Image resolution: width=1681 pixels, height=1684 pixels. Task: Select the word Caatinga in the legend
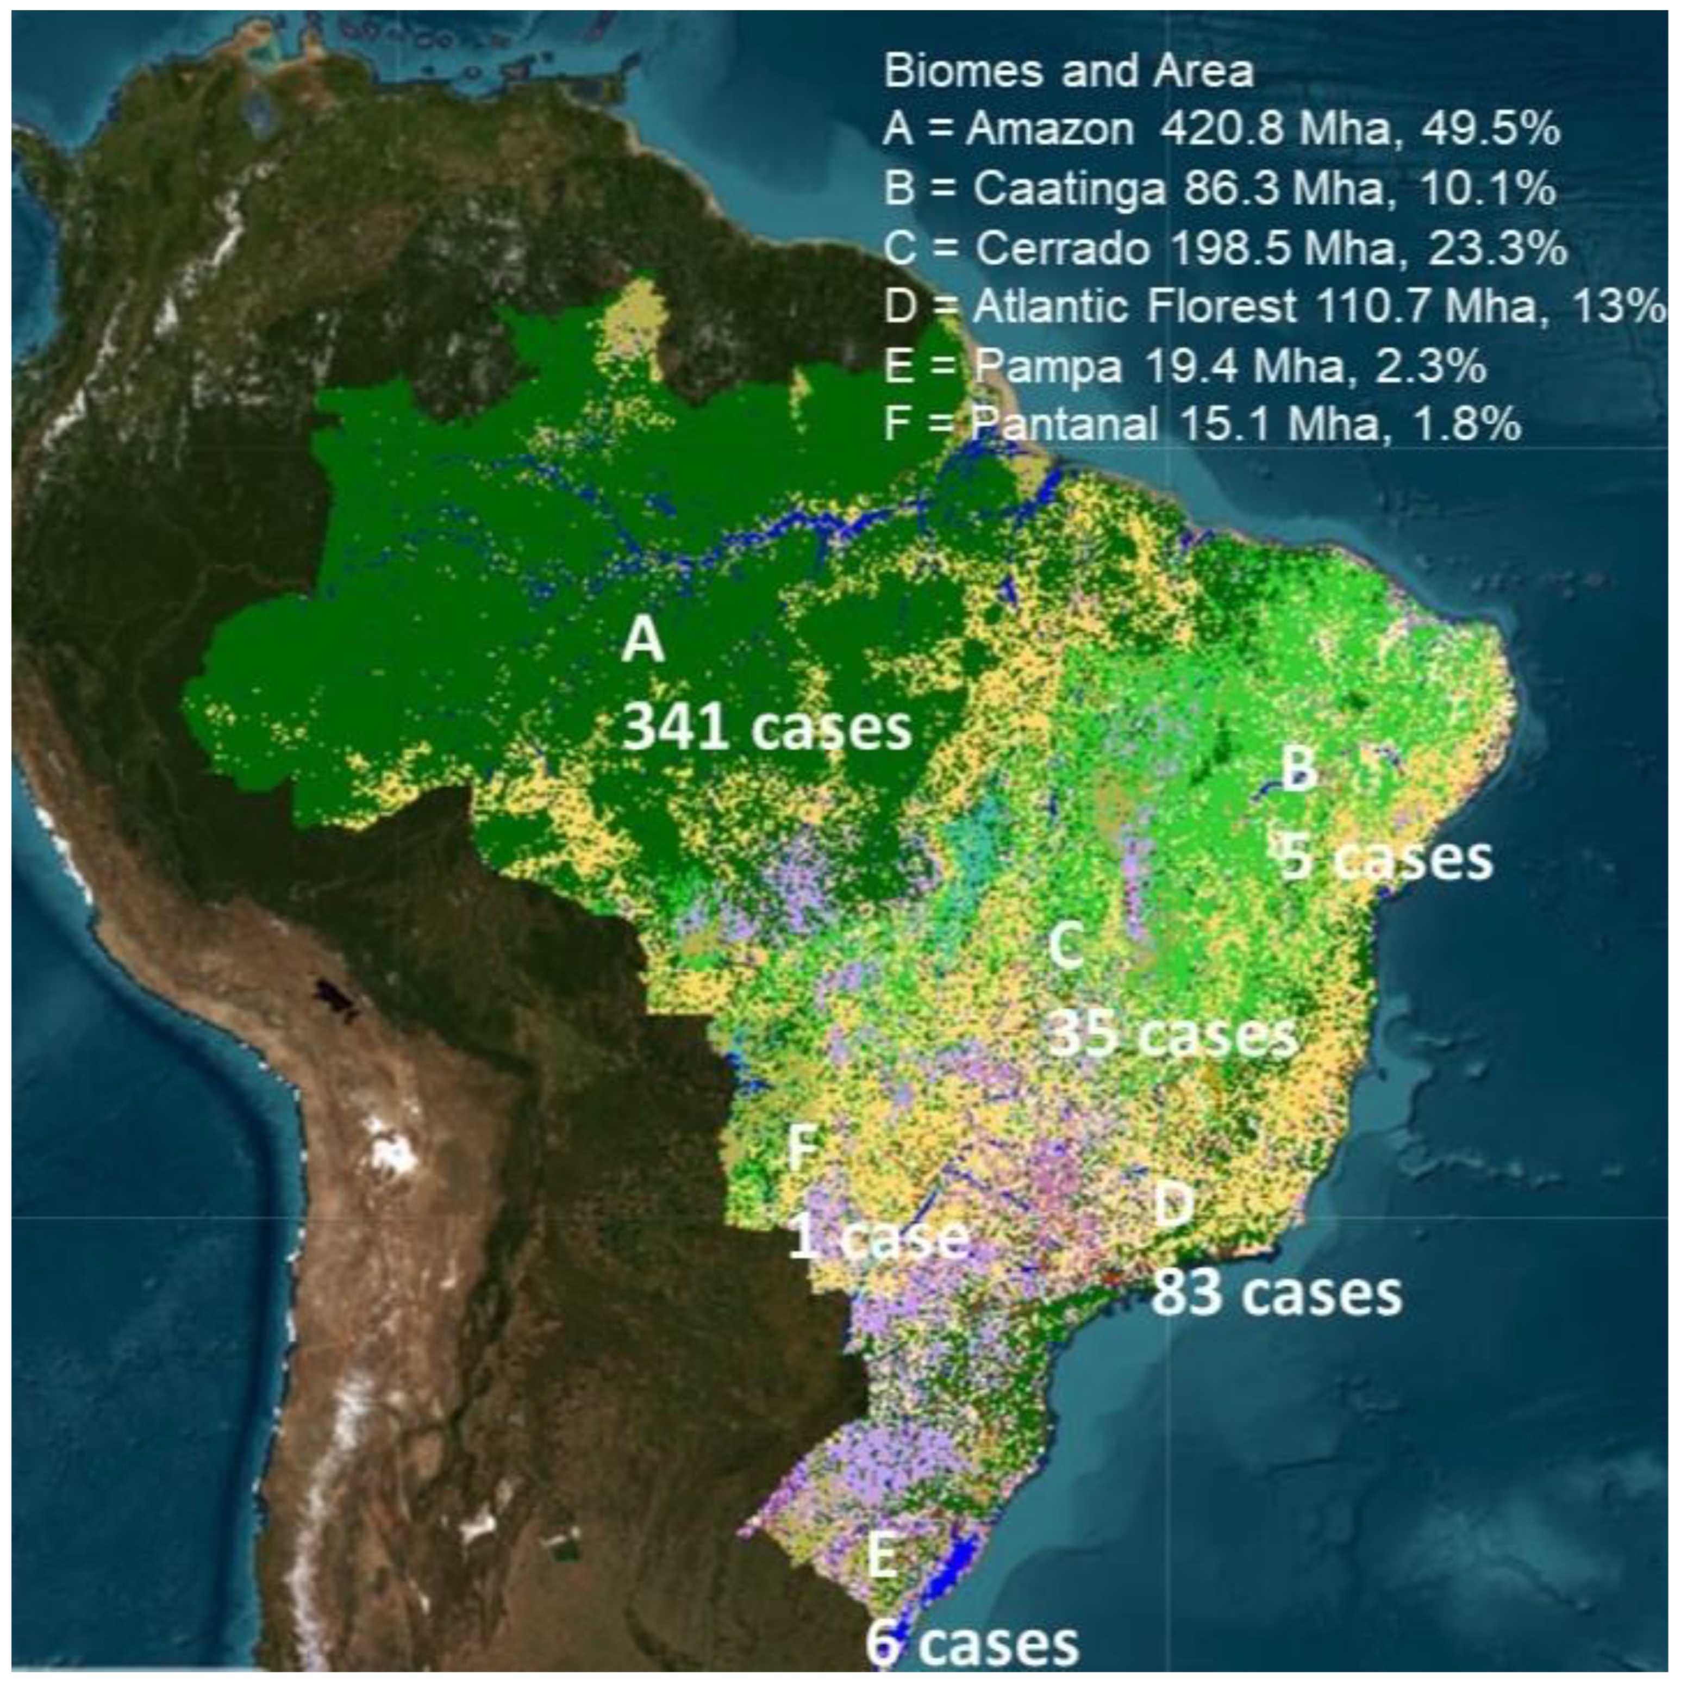point(1068,189)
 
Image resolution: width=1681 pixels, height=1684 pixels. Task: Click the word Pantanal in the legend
point(1065,425)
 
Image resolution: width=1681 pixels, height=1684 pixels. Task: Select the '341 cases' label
point(767,726)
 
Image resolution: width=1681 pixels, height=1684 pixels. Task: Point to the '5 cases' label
point(1385,857)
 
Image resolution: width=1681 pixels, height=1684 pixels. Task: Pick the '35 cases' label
point(1172,1034)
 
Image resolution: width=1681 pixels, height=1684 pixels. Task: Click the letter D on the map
point(1173,1206)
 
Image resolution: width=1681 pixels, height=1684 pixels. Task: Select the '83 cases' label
point(1277,1294)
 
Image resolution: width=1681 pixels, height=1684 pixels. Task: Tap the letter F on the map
point(802,1148)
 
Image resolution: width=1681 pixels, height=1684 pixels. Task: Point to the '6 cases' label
point(972,1643)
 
